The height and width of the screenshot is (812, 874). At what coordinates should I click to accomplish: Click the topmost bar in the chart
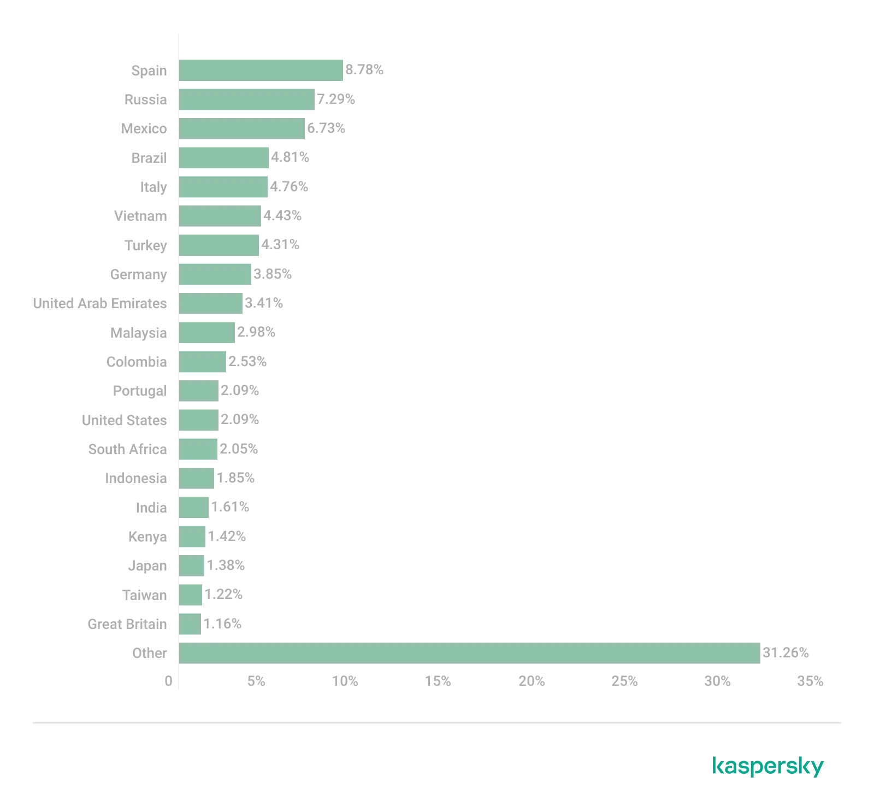(x=261, y=70)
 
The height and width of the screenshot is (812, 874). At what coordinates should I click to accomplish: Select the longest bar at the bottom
(x=469, y=654)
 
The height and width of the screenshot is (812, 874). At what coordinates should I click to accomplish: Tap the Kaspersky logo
(x=768, y=767)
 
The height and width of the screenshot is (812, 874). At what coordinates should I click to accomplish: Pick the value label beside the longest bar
(x=786, y=654)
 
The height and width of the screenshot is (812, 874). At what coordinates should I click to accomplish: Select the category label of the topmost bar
(x=151, y=70)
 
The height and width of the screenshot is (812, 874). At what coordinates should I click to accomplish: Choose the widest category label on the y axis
(x=101, y=304)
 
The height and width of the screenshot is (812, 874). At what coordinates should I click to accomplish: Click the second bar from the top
(x=246, y=99)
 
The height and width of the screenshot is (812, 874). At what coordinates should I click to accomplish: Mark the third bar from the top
(x=242, y=129)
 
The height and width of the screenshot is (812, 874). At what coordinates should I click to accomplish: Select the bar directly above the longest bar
(x=190, y=624)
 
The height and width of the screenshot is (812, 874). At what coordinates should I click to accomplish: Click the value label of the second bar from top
(x=337, y=99)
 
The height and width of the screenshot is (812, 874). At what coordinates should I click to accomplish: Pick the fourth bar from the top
(x=225, y=158)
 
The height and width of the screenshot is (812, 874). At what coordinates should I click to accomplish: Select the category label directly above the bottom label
(x=129, y=624)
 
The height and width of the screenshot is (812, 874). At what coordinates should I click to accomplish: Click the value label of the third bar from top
(x=326, y=129)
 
